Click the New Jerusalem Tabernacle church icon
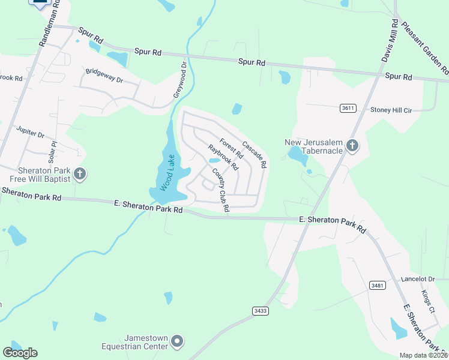coord(352,146)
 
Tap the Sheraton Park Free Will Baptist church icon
coord(79,175)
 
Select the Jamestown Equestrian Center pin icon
coord(176,342)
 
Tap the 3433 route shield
coord(260,310)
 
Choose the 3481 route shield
coord(378,286)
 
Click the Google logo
coord(20,352)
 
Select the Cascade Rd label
coord(255,154)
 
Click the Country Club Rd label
coord(221,190)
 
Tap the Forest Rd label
coord(231,149)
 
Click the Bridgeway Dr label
coord(104,79)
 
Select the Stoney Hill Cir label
coord(391,110)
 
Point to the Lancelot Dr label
coord(418,279)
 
